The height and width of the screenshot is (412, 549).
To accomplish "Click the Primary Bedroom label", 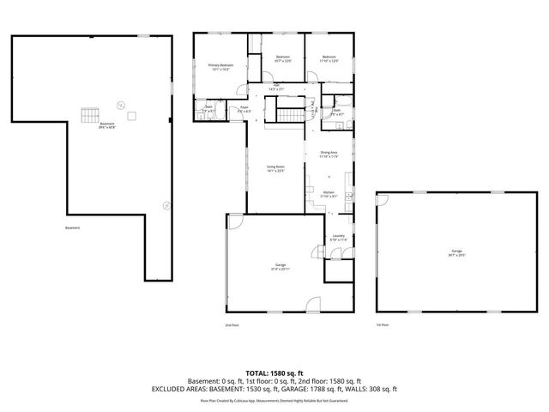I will pos(220,67).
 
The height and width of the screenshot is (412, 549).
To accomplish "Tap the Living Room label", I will pos(274,168).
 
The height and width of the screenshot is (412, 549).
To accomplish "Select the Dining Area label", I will pos(329,154).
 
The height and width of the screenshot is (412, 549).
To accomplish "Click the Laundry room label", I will pos(339,238).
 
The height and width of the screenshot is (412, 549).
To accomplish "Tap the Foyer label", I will pos(244,110).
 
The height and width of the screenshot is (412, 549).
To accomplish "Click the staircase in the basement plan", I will pos(89,114).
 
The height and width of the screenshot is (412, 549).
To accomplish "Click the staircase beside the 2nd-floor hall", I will pos(292,115).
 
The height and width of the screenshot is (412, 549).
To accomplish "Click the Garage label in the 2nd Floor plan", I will pos(281,267).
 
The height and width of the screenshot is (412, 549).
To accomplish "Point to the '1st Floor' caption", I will pos(383,324).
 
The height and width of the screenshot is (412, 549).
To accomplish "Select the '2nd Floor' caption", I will pos(232,325).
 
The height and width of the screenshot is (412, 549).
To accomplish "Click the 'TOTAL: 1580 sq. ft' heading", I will pos(274,373).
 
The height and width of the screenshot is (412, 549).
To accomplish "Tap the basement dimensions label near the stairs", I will pos(107,126).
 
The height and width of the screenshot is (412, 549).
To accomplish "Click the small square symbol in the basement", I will pos(131,116).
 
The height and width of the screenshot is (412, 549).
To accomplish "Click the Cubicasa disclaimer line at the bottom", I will pos(274,400).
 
